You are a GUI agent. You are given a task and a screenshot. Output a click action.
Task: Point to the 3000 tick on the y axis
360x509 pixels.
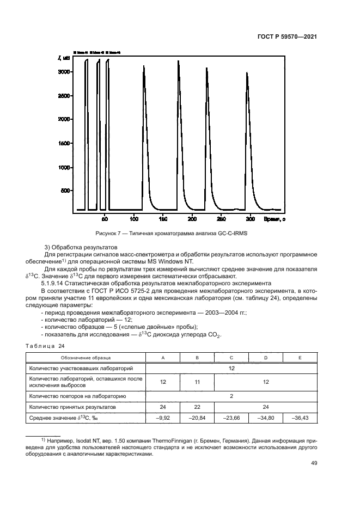coord(64,72)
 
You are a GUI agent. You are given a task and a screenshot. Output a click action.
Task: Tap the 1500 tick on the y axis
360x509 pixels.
coord(64,143)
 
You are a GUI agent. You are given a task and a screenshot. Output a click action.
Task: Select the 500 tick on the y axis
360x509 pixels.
coord(65,191)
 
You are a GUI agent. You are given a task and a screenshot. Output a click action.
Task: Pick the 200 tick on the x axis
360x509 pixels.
coord(192,219)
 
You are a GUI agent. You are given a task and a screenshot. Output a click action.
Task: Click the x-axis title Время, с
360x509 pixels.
coord(272,219)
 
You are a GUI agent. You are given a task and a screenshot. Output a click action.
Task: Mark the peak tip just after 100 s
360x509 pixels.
coord(144,66)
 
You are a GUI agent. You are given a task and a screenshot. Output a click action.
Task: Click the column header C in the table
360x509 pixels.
coord(231,358)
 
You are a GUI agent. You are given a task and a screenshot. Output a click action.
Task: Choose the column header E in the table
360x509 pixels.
coord(300,358)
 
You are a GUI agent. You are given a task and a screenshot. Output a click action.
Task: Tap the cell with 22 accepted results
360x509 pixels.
coord(197,407)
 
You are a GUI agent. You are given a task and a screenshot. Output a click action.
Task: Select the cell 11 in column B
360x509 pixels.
coord(197,382)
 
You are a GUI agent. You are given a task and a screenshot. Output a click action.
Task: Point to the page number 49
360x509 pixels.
coord(313,463)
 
